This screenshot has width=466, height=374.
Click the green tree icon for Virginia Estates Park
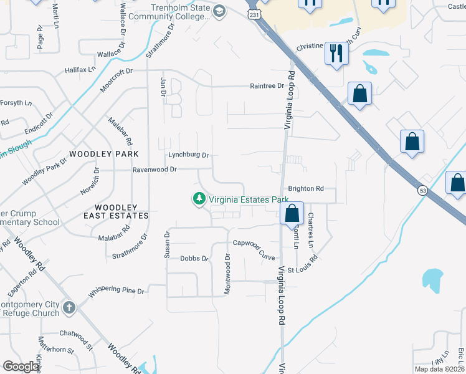coord(199,199)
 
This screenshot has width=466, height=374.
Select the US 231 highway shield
coord(254,14)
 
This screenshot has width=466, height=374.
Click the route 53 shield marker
coord(422,190)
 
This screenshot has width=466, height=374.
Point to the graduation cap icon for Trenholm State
coord(219,11)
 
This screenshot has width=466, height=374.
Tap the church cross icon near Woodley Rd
coord(69,307)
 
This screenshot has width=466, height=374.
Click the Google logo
coord(21,367)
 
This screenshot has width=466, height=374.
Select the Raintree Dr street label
coord(267,86)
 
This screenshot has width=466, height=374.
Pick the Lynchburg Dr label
coord(188,155)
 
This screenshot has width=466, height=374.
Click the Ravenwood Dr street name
coord(155,169)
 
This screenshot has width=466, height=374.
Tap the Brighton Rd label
coord(306,188)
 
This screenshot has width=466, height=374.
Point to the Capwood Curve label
coord(254,243)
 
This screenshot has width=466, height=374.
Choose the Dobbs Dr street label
coord(193,258)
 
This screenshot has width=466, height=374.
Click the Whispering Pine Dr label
coord(117,291)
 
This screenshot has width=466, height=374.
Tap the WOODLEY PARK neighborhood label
coord(104,153)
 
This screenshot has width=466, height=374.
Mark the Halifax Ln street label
coord(80,70)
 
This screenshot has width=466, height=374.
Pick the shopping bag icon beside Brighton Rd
coord(292,213)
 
